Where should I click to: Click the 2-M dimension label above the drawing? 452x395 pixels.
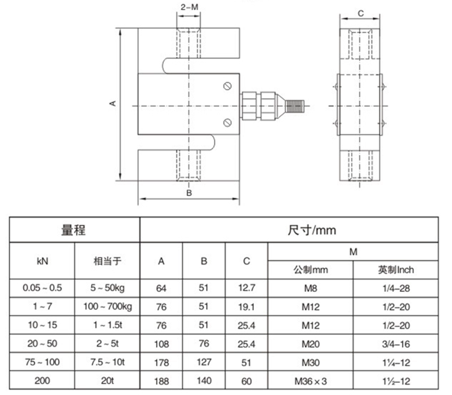click(x=189, y=7)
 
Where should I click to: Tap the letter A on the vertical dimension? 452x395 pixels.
click(x=113, y=103)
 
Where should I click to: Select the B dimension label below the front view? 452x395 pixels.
click(x=189, y=193)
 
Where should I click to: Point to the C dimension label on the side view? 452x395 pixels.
click(x=360, y=13)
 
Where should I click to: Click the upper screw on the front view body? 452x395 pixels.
click(x=227, y=86)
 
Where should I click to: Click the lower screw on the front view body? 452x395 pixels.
click(x=227, y=122)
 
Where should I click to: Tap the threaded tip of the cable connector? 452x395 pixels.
click(x=295, y=106)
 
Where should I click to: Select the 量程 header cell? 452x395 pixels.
click(x=74, y=230)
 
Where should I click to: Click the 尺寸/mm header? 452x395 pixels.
click(x=312, y=230)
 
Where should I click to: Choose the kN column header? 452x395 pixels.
click(x=42, y=261)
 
